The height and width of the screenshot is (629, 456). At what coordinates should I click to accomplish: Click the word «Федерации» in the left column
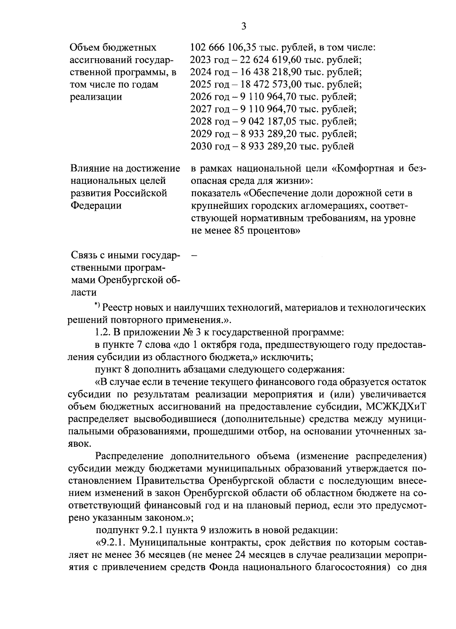click(x=96, y=206)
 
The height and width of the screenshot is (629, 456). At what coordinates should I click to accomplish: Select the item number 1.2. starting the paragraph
click(x=102, y=332)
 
